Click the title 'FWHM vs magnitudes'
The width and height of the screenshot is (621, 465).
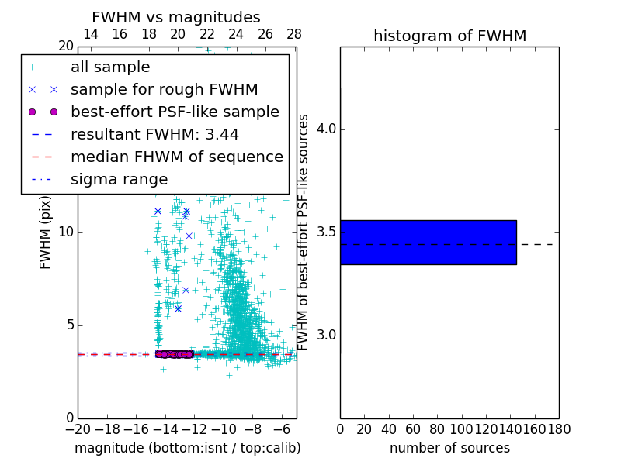tap(175, 17)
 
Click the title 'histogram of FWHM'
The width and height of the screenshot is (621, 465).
tap(449, 36)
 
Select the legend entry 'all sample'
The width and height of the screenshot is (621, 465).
tap(110, 67)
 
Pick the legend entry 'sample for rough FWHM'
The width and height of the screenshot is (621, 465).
tap(164, 89)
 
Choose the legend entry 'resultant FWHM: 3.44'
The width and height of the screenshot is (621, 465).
tap(154, 134)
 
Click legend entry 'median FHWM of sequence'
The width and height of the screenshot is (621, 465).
tap(176, 157)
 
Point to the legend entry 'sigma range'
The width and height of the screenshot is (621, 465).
tap(119, 179)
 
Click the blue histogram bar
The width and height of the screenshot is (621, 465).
tap(428, 243)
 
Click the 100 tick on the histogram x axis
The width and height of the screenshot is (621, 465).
tap(462, 429)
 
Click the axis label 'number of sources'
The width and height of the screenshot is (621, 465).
tap(449, 448)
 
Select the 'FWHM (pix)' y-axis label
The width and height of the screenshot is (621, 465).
tap(45, 232)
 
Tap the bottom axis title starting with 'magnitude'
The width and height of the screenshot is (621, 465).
tap(187, 448)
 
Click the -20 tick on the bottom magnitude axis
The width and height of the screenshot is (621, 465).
tap(78, 429)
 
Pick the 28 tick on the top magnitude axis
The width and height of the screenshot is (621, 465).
tap(294, 34)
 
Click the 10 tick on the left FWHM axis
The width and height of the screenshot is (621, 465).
tap(66, 232)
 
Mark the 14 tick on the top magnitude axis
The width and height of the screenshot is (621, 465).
tap(90, 34)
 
